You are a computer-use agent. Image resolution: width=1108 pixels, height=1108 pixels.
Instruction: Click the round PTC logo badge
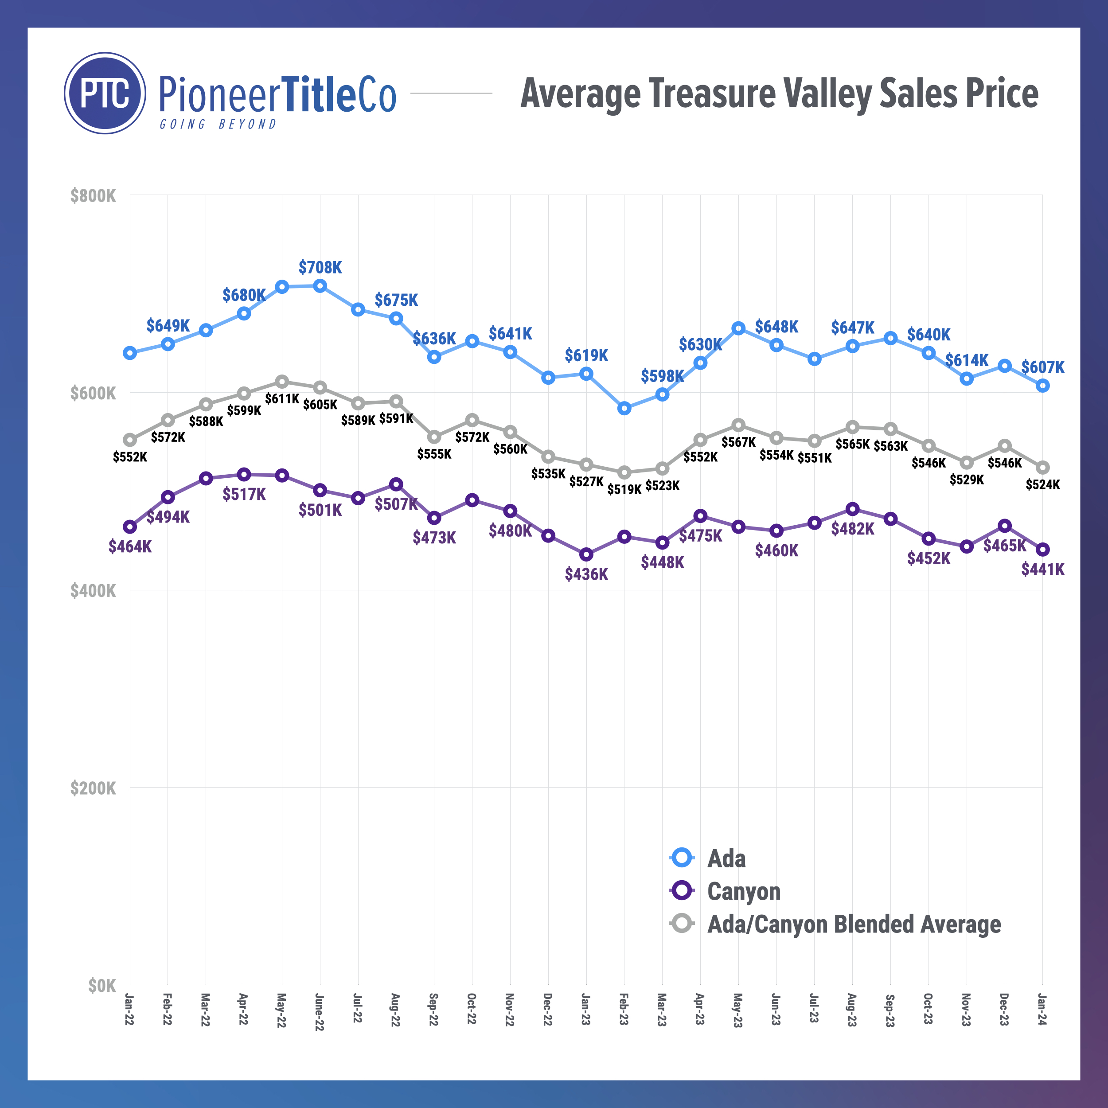[105, 93]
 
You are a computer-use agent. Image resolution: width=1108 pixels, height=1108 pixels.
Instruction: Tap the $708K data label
[320, 267]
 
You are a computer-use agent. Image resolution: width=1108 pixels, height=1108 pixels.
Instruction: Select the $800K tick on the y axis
[93, 196]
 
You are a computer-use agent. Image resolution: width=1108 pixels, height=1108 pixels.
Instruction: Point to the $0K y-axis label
[102, 985]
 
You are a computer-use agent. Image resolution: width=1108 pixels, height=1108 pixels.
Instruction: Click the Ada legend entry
[726, 858]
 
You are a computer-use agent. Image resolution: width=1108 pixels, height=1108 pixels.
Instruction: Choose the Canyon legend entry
[743, 891]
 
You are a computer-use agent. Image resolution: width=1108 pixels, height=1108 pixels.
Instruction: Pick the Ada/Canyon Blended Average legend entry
[853, 924]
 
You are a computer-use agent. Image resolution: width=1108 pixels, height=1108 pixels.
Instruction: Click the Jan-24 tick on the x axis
[1042, 1009]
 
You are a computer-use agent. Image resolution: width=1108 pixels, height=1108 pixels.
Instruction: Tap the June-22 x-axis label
[320, 1012]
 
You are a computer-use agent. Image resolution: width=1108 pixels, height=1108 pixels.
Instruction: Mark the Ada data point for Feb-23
[624, 408]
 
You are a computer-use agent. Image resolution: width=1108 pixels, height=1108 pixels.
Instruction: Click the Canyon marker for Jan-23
[586, 554]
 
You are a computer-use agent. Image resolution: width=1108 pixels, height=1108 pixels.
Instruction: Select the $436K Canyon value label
[586, 574]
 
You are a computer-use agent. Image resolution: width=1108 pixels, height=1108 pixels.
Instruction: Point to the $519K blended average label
[624, 489]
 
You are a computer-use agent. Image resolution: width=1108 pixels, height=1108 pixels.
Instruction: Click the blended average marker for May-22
[281, 382]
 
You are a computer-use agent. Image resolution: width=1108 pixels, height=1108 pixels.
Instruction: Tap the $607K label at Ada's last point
[1042, 367]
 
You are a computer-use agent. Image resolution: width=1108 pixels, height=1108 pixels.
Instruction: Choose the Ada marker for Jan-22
[130, 353]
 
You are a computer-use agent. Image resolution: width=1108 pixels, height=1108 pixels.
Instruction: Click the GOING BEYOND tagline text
[218, 125]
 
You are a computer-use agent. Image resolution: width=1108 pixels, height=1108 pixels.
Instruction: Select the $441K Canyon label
[1042, 570]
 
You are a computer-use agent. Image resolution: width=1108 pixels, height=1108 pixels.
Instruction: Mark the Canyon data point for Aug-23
[853, 509]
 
